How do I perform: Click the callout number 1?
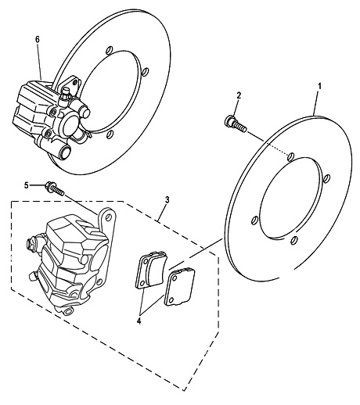click(x=319, y=86)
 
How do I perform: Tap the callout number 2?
click(x=239, y=95)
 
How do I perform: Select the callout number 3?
click(x=167, y=200)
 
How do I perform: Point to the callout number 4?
click(x=139, y=321)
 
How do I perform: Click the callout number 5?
click(x=26, y=185)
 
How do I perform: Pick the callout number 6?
click(x=38, y=40)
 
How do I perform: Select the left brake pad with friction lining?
click(x=151, y=270)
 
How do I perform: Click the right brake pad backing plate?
click(x=179, y=287)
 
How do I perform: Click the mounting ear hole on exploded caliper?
click(x=108, y=217)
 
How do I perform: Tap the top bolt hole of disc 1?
click(x=290, y=156)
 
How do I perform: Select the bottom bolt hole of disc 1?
click(x=294, y=240)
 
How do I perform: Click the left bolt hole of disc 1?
click(x=254, y=220)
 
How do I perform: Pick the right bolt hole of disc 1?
click(x=327, y=178)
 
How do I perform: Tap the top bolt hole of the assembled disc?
click(x=109, y=50)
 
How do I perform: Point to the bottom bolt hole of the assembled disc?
click(x=110, y=134)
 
